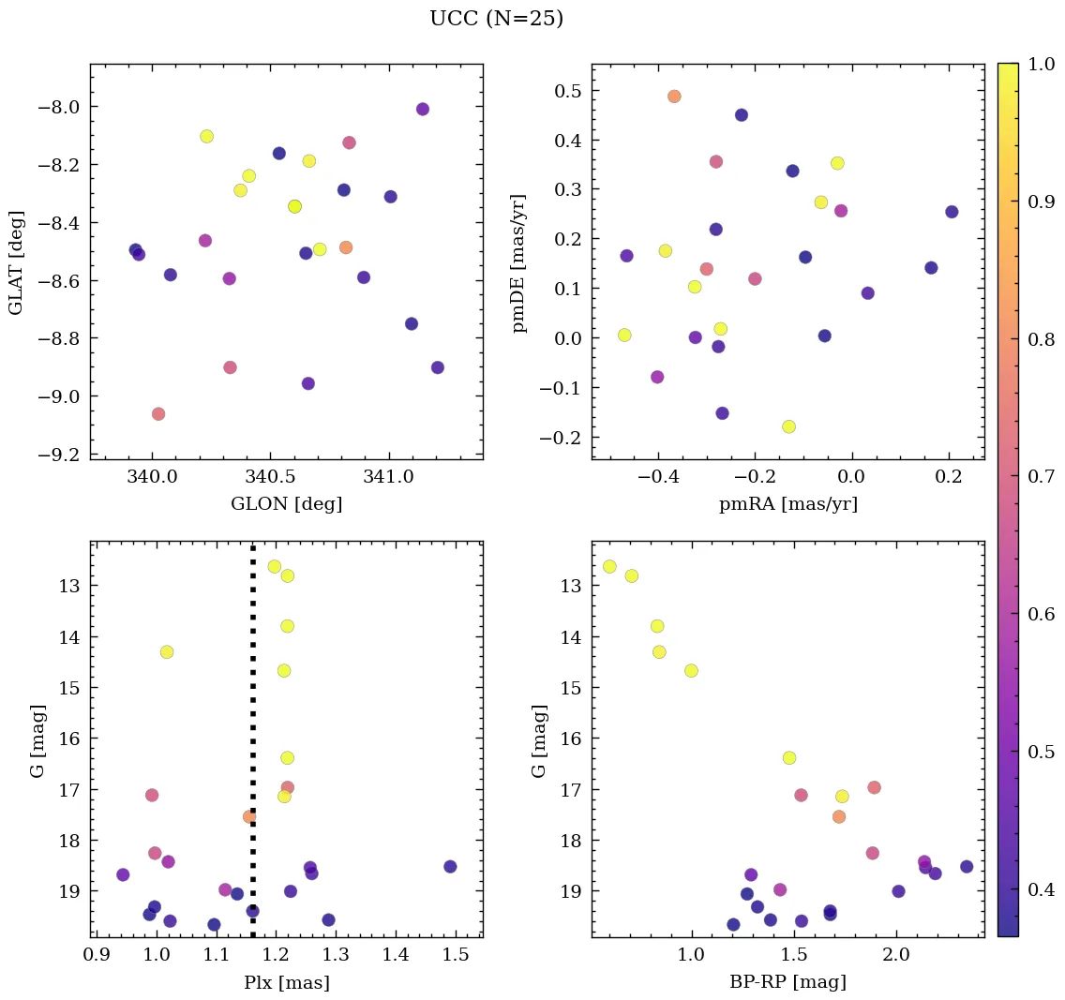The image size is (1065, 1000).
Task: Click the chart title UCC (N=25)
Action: pyautogui.click(x=496, y=19)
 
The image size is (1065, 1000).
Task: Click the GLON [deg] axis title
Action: pyautogui.click(x=286, y=504)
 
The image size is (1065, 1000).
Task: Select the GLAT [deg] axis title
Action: pyautogui.click(x=16, y=261)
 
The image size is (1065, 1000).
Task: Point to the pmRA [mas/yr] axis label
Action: pyautogui.click(x=787, y=504)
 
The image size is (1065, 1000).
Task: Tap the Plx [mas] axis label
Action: pyautogui.click(x=286, y=982)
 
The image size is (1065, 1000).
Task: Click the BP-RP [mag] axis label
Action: pyautogui.click(x=787, y=982)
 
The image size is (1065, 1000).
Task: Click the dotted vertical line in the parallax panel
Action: pyautogui.click(x=253, y=712)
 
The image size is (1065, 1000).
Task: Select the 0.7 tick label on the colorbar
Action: pyautogui.click(x=1041, y=477)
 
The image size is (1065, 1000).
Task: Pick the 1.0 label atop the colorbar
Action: pyautogui.click(x=1041, y=64)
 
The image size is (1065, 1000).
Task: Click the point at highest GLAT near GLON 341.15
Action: pyautogui.click(x=423, y=110)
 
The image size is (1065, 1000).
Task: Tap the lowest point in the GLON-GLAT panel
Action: pyautogui.click(x=158, y=414)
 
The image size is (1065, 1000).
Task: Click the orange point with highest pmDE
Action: pyautogui.click(x=674, y=97)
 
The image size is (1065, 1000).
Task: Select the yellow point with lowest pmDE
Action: pyautogui.click(x=788, y=426)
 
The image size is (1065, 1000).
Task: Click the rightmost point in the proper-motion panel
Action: pyautogui.click(x=952, y=212)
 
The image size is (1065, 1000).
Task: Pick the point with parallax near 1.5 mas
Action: pyautogui.click(x=450, y=867)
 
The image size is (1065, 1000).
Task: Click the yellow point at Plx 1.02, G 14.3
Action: pyautogui.click(x=167, y=652)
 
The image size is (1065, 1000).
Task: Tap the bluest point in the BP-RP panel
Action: pyautogui.click(x=609, y=566)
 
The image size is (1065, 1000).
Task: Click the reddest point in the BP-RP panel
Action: pyautogui.click(x=967, y=867)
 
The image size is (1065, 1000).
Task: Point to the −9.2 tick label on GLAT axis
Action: pyautogui.click(x=59, y=455)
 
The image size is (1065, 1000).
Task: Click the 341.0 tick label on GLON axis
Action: pyautogui.click(x=388, y=477)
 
